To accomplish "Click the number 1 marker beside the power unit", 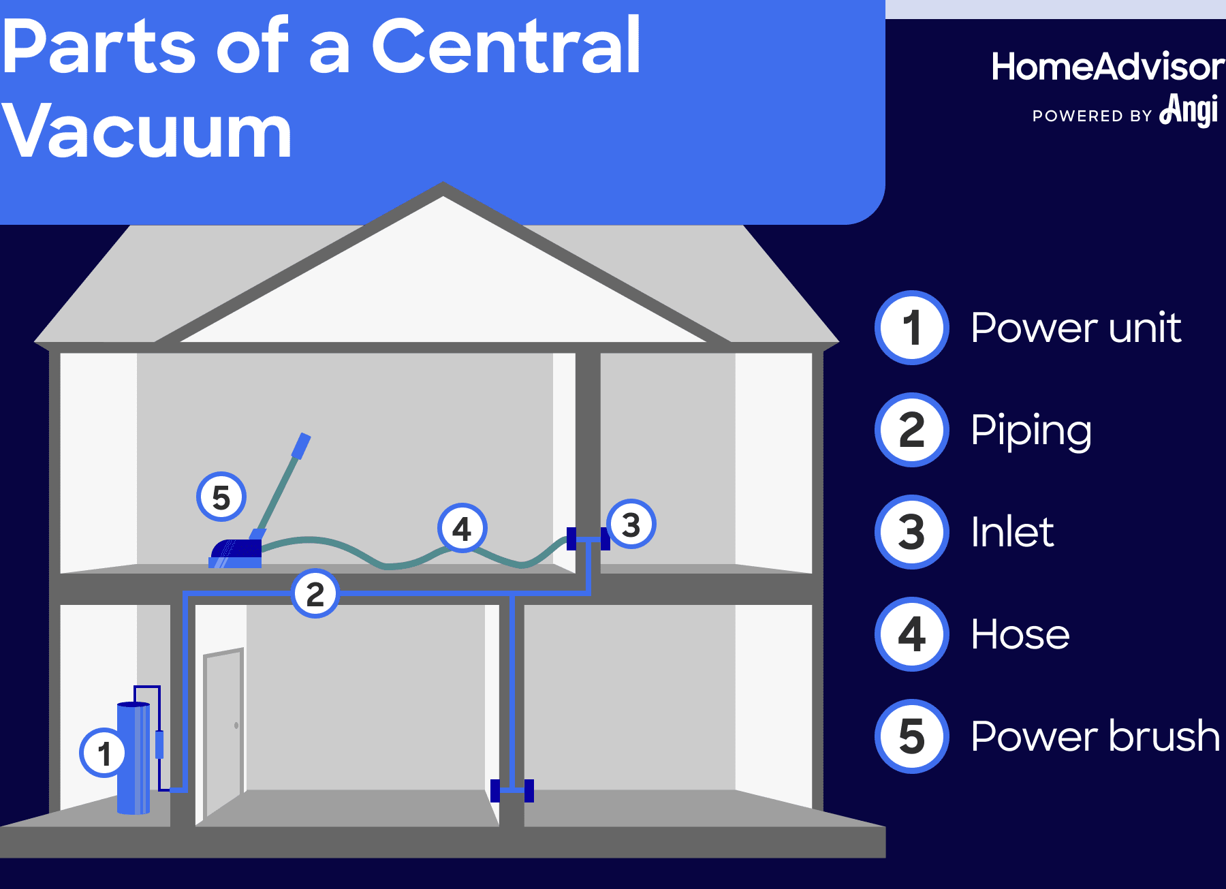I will coord(104,753).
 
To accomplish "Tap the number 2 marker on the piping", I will coord(315,593).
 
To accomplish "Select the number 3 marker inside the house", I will coord(631,525).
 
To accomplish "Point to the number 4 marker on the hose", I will coord(462,528).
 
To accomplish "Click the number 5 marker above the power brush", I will coord(221,497).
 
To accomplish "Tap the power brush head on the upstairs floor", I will coord(236,552).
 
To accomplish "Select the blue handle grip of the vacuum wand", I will coord(301,446).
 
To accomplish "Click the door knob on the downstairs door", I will coord(236,726).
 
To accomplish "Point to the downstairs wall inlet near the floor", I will coord(512,790).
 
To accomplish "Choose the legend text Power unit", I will coord(1075,328).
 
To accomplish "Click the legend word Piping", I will coord(1031,431).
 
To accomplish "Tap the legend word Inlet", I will coord(1012,532).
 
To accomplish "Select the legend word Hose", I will coord(1020,634).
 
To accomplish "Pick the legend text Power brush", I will coord(1095,736).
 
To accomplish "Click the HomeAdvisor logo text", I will coord(1107,67).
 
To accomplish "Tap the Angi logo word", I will coord(1189,110).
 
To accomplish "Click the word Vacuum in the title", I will coord(147,131).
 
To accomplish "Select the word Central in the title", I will coord(505,46).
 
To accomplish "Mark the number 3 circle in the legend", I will coord(911,532).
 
